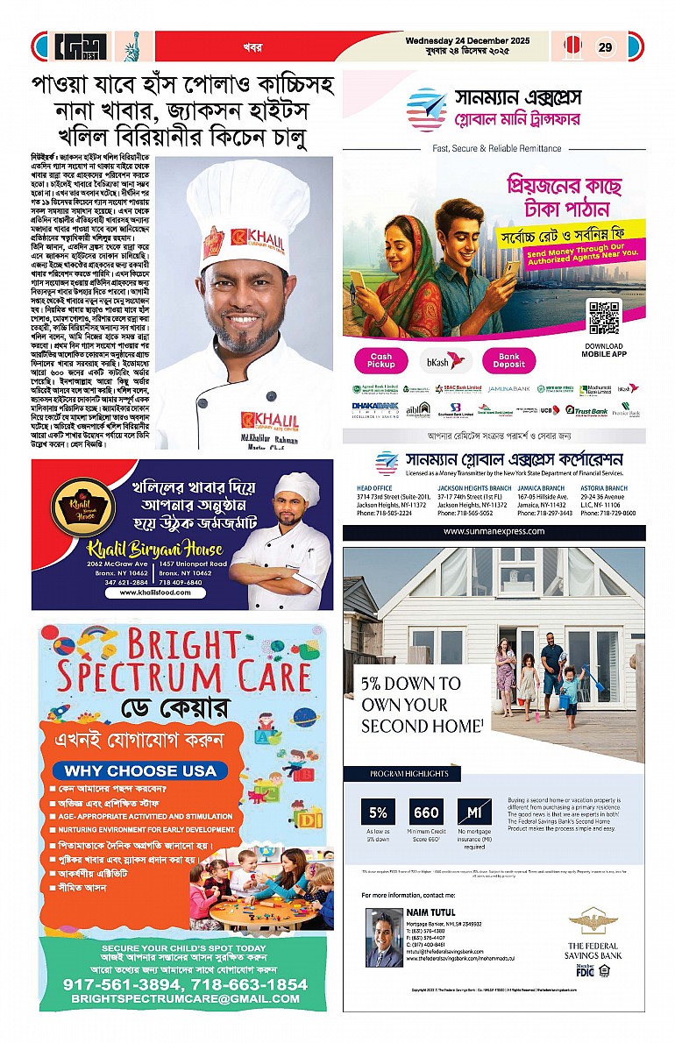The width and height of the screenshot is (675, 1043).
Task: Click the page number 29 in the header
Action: tap(605, 47)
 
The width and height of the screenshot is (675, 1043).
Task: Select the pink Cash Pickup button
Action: tap(380, 360)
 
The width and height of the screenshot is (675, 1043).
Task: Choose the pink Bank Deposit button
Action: tap(508, 360)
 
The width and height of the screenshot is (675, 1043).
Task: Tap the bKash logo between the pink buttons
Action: tap(444, 360)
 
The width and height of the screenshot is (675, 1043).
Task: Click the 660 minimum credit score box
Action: tap(427, 812)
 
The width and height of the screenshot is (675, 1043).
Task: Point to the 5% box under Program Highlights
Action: tap(378, 812)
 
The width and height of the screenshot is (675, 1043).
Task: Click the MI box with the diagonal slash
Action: tap(474, 812)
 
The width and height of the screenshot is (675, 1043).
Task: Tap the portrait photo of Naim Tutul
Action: tap(383, 937)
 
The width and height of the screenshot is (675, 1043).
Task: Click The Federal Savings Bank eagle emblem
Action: tap(588, 920)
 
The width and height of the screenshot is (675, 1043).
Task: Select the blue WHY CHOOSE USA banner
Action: tap(141, 771)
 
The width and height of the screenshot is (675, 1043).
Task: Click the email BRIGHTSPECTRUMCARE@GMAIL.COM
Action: tap(185, 999)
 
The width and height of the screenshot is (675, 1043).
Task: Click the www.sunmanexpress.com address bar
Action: tap(494, 532)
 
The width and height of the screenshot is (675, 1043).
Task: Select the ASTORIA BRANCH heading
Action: tap(603, 488)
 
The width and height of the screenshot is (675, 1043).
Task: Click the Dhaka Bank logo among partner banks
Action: tap(375, 408)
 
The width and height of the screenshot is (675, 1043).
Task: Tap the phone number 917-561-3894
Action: tap(119, 984)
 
